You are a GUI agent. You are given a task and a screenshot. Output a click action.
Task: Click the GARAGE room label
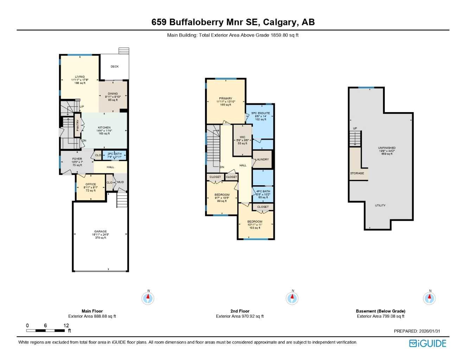point(100,231)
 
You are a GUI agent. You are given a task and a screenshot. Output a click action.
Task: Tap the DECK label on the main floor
point(115,66)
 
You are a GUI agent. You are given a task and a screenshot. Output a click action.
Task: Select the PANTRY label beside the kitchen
point(78,125)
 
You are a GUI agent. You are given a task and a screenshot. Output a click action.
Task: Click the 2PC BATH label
point(115,154)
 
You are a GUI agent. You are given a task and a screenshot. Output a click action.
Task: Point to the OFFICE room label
point(91,184)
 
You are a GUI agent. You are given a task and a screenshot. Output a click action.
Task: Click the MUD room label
point(121,182)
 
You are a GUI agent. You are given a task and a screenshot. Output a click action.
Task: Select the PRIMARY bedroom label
point(225,98)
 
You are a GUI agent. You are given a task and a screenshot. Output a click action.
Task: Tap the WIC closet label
point(242,137)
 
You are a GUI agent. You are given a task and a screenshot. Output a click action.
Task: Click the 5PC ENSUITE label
point(261,113)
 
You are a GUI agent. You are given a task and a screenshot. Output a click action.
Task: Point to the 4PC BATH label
point(263,191)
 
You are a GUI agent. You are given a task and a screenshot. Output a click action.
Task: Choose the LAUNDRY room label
point(262,159)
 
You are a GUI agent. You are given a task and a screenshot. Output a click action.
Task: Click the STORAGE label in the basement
point(357,173)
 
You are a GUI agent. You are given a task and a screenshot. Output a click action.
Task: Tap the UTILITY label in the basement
point(380,205)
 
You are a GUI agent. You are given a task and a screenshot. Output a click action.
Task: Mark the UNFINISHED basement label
point(387,148)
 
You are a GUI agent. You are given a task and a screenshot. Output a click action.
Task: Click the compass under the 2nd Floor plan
point(292,298)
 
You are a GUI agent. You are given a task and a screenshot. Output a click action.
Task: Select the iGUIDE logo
point(428,343)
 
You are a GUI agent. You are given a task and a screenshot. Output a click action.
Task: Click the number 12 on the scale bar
point(66,326)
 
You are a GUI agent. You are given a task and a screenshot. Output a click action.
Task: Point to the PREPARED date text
point(417,331)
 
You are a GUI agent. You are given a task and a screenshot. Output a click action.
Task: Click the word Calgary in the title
point(280,22)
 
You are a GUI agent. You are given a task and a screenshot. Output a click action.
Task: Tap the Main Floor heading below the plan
point(92,311)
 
